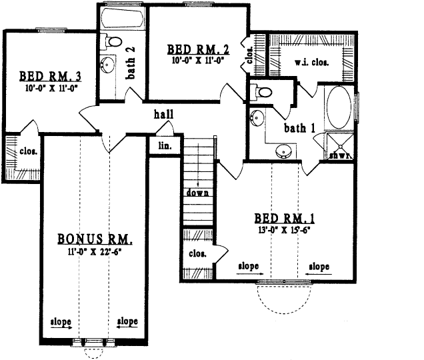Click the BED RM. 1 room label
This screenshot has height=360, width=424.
[284, 219]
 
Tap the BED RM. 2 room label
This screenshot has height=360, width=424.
[198, 49]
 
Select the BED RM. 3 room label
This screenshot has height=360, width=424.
[50, 75]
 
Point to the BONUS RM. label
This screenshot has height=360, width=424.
[94, 239]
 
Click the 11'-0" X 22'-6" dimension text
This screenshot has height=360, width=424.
[95, 251]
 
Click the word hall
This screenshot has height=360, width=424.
[163, 114]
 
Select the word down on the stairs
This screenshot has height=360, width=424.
[198, 193]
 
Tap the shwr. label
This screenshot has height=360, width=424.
[340, 155]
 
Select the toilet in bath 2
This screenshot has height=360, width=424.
[114, 42]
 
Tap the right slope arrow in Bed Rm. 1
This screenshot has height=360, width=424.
[318, 267]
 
